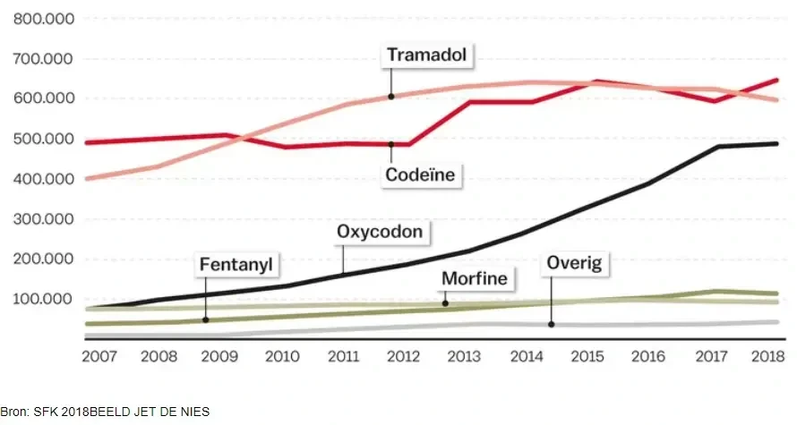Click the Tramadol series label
[x=429, y=55]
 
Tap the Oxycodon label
[x=383, y=232]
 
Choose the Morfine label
[x=475, y=279]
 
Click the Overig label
[x=574, y=263]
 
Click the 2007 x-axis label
[x=99, y=356]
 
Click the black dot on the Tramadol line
[x=391, y=96]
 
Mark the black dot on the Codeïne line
[x=391, y=144]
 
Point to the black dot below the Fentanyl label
[x=205, y=319]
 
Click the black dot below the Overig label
[x=551, y=324]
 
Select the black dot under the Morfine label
[x=444, y=303]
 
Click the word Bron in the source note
[x=14, y=412]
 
